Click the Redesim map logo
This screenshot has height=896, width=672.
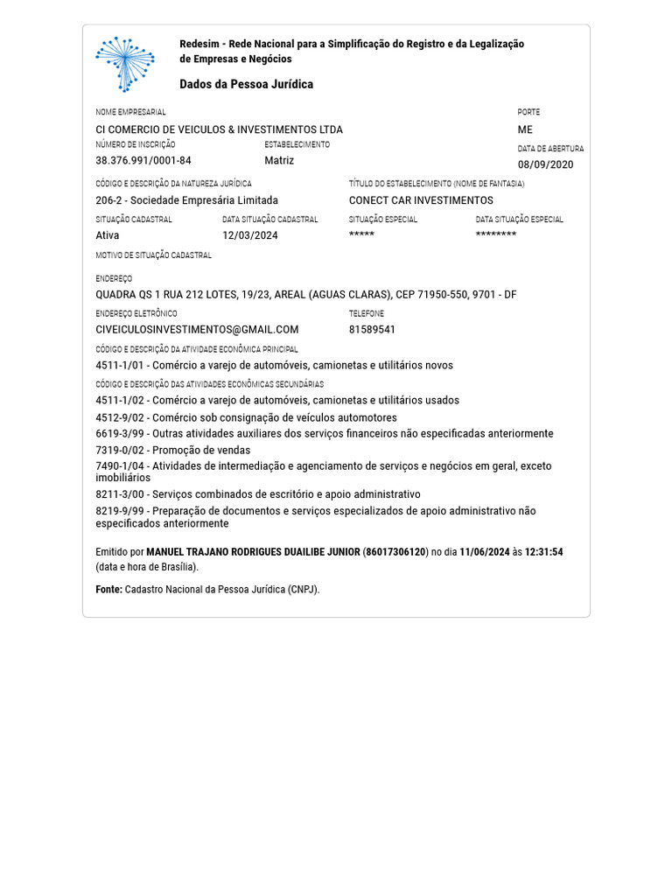[x=124, y=64]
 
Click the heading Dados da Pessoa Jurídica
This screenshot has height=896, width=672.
[x=246, y=85]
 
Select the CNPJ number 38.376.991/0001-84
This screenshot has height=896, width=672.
[x=143, y=161]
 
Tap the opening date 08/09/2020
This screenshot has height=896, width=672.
[x=546, y=164]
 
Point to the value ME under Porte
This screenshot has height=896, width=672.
[x=525, y=129]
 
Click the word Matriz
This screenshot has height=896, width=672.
[x=279, y=161]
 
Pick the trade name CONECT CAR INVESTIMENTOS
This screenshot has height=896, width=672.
[x=421, y=200]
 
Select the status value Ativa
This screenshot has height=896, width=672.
[x=108, y=235]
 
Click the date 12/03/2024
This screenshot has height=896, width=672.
[x=249, y=235]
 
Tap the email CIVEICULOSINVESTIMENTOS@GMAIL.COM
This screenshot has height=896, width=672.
[x=197, y=330]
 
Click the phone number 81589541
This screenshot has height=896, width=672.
[x=372, y=330]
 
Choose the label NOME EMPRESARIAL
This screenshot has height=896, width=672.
[x=130, y=112]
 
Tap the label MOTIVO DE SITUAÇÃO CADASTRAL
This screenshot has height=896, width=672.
[x=153, y=255]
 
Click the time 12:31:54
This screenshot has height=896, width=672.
[x=543, y=552]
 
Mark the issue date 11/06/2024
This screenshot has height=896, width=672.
[x=484, y=552]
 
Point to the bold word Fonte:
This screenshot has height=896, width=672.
[x=108, y=590]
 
